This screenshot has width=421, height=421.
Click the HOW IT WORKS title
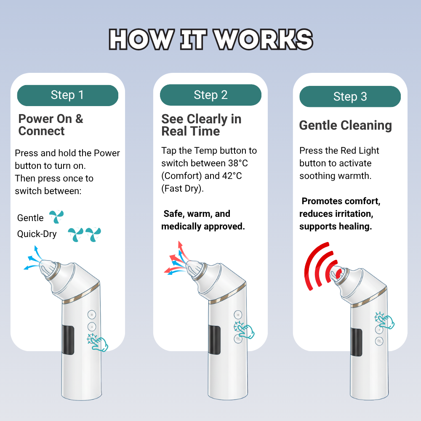[210, 40]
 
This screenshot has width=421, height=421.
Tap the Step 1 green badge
[67, 95]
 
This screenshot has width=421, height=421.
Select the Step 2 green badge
[210, 95]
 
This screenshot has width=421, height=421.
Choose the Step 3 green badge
[350, 97]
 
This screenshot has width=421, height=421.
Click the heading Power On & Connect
[51, 125]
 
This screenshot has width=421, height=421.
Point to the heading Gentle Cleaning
[345, 125]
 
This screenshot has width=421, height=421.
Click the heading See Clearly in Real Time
[201, 125]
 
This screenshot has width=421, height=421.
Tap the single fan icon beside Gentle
[56, 217]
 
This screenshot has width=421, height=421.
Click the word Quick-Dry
[37, 234]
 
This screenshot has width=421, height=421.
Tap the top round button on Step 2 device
[238, 314]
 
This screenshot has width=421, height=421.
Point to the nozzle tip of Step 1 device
[45, 266]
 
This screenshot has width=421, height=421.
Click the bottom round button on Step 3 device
[380, 341]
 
